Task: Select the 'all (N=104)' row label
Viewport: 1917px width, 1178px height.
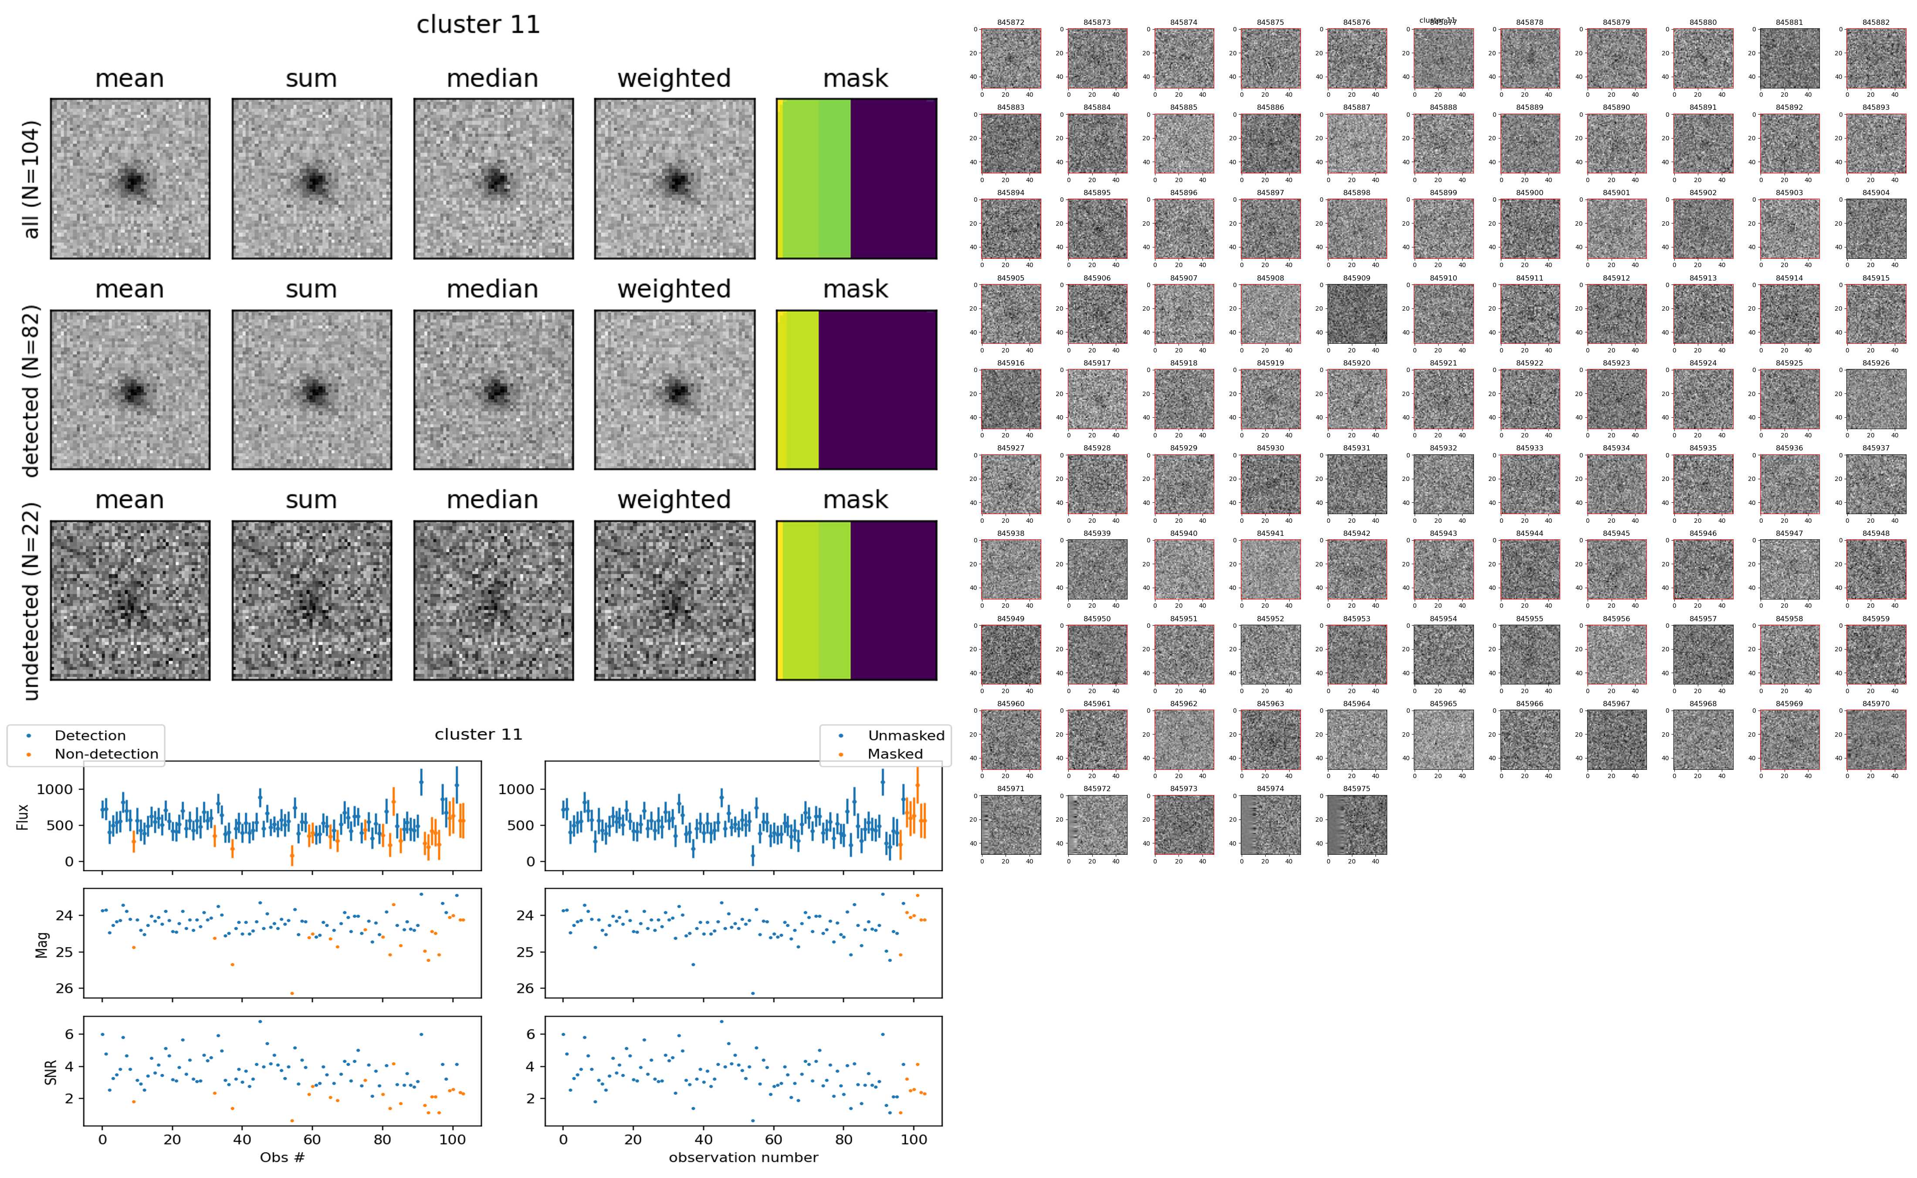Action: [x=31, y=179]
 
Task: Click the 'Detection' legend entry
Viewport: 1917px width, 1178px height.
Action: [x=90, y=735]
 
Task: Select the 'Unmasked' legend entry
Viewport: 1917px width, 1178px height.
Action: [x=905, y=735]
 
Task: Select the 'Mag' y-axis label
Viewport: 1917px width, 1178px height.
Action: [x=42, y=944]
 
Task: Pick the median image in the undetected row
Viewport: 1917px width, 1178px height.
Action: [x=493, y=600]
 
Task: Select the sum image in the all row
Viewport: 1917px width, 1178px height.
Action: [x=312, y=179]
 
